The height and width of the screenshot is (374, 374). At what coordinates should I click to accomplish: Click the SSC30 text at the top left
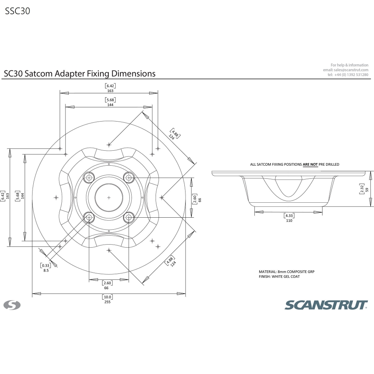coord(18,11)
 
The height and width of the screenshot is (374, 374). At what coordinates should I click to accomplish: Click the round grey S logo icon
coord(12,305)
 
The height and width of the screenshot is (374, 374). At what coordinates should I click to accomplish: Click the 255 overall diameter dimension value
coord(108,302)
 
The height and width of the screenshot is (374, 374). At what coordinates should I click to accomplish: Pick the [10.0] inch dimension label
coord(108,297)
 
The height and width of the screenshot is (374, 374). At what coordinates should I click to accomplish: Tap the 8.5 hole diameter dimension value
coord(46,270)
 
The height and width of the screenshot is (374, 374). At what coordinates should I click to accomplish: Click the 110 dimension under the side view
coord(289,221)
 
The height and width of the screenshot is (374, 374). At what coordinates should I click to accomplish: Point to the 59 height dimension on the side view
coord(367,190)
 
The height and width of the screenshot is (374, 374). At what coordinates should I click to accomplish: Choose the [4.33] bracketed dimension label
coord(289,216)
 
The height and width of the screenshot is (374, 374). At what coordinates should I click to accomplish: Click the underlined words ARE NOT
coord(310,164)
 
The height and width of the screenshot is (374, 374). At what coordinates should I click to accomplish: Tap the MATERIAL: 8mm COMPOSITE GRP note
coord(284,272)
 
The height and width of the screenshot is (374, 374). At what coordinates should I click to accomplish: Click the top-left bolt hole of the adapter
coord(89,177)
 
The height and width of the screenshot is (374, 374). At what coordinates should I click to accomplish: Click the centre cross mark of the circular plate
coord(109,197)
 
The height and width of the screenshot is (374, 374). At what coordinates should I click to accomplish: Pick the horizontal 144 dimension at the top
coord(110,105)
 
